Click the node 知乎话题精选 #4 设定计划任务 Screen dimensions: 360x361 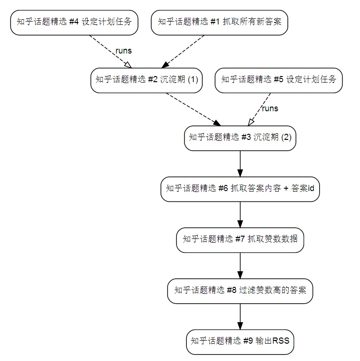(74, 23)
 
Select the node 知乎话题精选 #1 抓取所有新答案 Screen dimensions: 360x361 (219, 23)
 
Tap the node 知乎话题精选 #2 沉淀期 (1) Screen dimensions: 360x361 (146, 80)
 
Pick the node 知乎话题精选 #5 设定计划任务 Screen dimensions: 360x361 (278, 80)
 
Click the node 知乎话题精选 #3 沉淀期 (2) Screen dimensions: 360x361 (240, 138)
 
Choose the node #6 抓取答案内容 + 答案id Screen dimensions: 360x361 (240, 189)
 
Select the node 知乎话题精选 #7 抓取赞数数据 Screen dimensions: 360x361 (240, 240)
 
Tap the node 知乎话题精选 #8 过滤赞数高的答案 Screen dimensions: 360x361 (240, 291)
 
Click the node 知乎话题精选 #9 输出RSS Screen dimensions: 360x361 (240, 342)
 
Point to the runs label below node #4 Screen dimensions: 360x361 (123, 51)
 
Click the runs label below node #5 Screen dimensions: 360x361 (270, 108)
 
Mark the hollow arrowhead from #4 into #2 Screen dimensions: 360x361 (128, 65)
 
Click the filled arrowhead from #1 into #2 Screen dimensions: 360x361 (165, 65)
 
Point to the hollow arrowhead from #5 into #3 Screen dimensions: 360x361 (251, 122)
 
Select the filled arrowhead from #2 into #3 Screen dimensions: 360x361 (216, 123)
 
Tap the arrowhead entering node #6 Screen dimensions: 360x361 (240, 173)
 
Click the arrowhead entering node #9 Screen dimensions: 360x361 (240, 326)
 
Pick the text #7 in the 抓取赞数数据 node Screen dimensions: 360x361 (240, 239)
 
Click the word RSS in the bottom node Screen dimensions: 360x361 (281, 341)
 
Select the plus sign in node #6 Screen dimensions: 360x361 (286, 188)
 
